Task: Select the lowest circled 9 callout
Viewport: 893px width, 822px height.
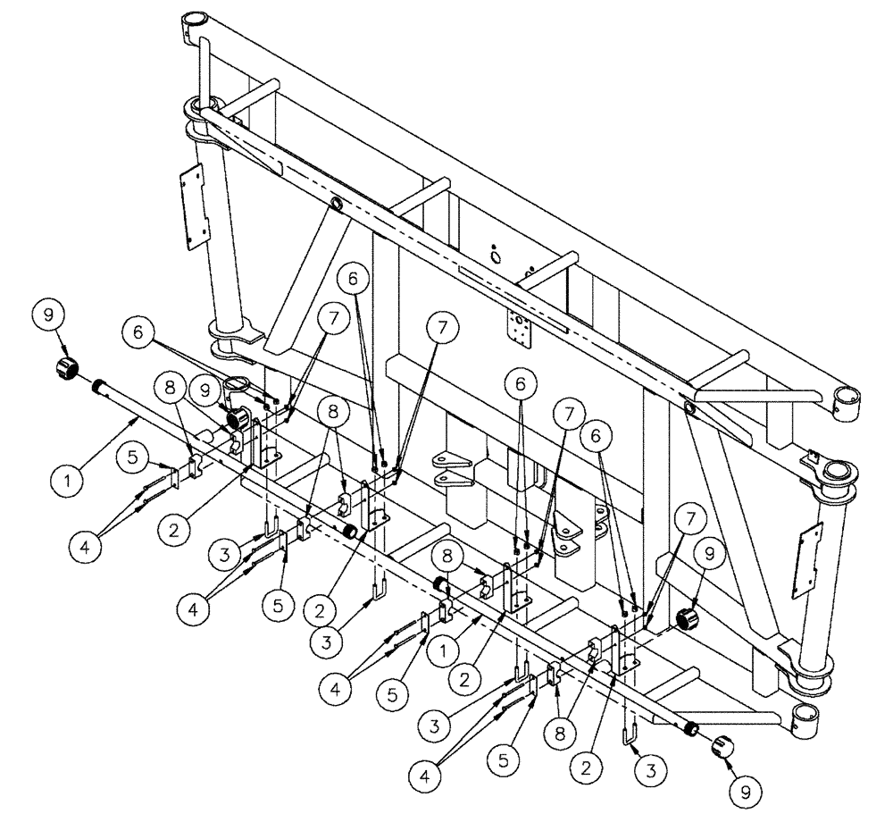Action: (739, 790)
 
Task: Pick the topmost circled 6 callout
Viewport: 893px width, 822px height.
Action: (355, 279)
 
